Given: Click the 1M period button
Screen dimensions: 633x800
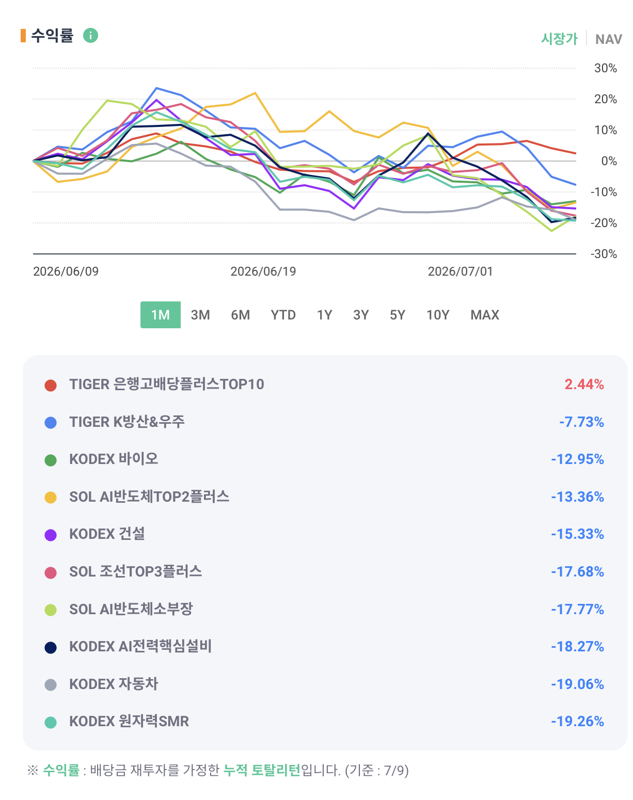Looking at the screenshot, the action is click(160, 315).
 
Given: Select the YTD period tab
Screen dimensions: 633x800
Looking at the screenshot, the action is click(283, 315).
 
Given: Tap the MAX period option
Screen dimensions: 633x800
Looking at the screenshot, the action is click(485, 315).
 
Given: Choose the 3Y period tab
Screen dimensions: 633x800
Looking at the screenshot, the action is click(361, 315).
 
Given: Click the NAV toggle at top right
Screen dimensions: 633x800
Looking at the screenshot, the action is click(608, 39).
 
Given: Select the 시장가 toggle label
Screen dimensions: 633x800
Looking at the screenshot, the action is click(559, 39).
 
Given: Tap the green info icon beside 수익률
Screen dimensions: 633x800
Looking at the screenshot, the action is click(90, 36).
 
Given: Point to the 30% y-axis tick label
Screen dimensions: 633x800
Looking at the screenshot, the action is click(606, 69).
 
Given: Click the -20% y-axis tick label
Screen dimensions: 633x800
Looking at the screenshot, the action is click(604, 223).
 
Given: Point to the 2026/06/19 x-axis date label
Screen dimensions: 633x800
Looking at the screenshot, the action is click(263, 271).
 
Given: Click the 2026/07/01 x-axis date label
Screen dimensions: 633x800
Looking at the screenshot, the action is click(460, 271).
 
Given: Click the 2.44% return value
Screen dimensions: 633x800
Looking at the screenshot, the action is click(584, 385).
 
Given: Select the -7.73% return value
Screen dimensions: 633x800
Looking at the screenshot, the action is click(581, 422).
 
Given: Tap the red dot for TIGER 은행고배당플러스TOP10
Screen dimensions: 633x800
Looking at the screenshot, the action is click(51, 385).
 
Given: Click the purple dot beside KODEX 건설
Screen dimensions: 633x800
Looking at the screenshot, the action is click(51, 535).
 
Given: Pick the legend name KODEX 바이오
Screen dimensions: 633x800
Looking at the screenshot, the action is click(114, 459).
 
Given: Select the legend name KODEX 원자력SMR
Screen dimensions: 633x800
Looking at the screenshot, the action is click(129, 721).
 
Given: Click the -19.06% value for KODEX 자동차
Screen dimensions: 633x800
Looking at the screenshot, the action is click(577, 684).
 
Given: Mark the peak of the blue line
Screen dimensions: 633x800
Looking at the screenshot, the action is click(156, 88).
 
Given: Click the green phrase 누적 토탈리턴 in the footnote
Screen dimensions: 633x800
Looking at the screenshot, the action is click(261, 770).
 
